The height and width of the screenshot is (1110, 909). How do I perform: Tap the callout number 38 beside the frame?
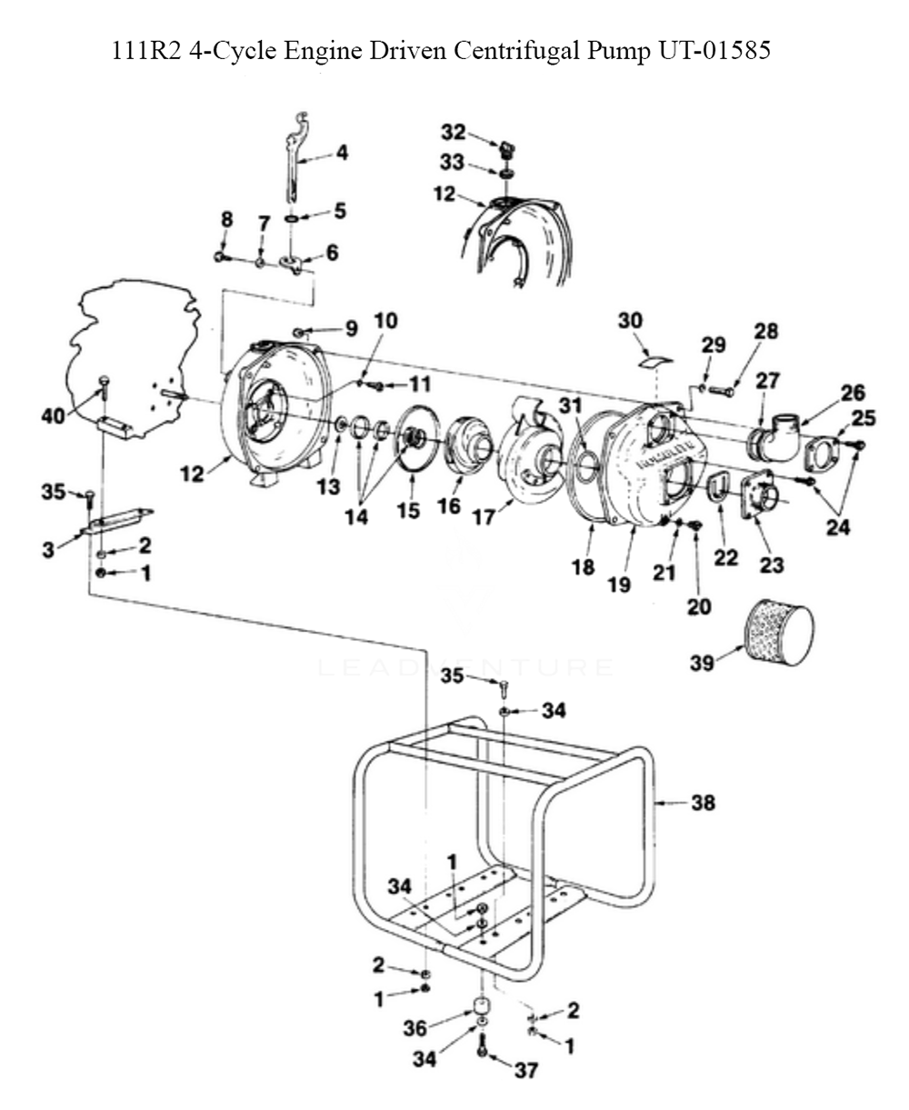[703, 804]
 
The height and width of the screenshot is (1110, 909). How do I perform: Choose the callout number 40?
[54, 416]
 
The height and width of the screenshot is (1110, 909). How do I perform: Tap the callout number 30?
[630, 322]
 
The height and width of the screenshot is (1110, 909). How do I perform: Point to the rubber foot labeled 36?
[479, 1008]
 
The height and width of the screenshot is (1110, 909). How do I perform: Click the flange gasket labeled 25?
[822, 453]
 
